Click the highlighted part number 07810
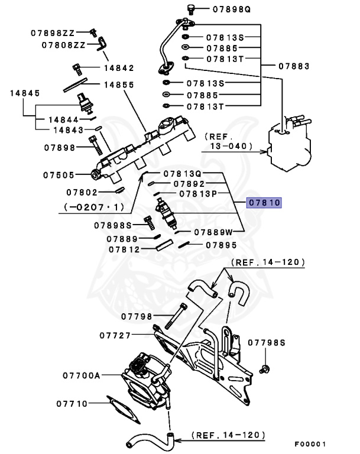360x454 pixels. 265,203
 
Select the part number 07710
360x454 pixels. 72,404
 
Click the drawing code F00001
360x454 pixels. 310,443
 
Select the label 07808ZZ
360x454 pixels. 63,44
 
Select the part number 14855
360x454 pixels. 118,85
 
